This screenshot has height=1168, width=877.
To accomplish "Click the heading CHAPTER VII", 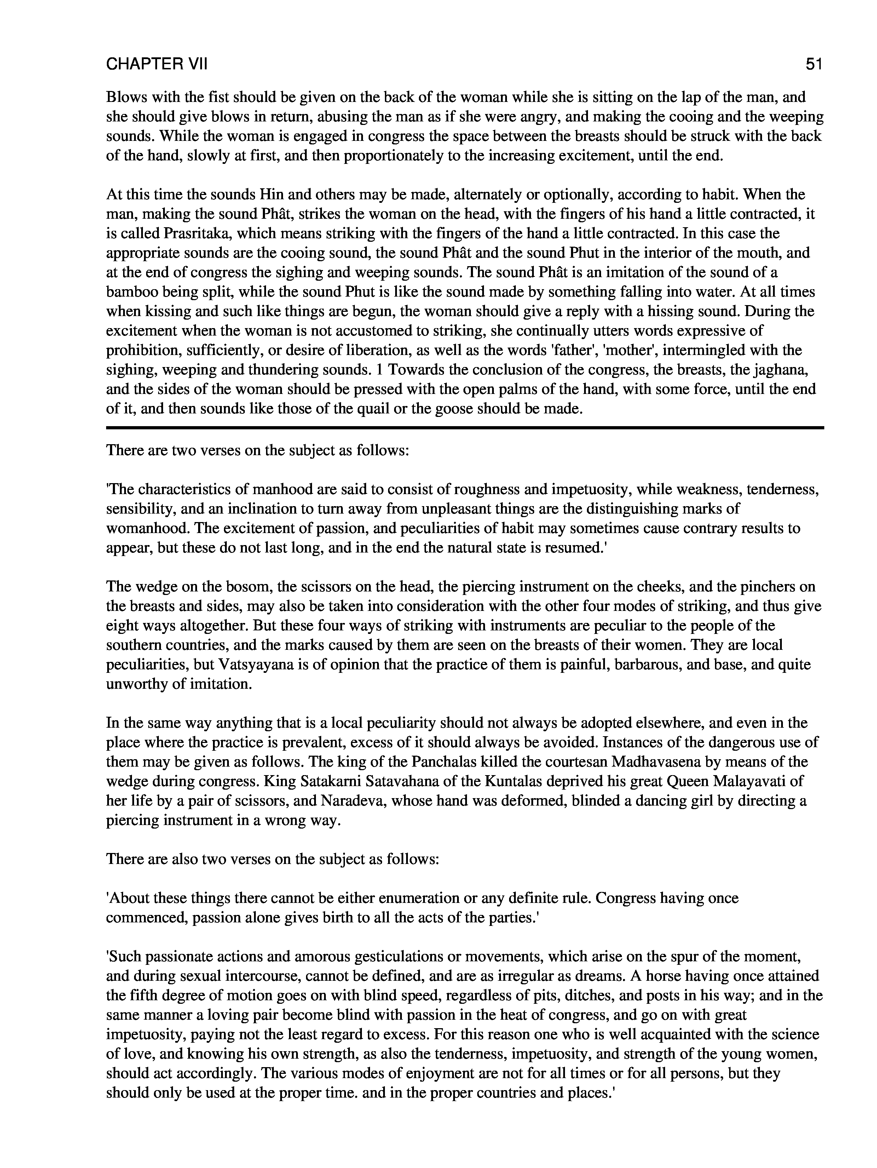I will click(157, 64).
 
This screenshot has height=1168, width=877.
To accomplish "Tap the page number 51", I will click(814, 64).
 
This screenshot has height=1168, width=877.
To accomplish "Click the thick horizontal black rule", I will click(465, 427).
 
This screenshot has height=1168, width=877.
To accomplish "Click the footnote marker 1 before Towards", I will click(376, 370).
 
